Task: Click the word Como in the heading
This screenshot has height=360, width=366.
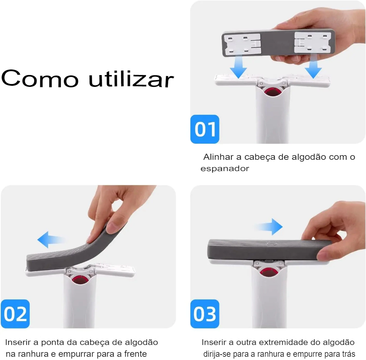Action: (x=40, y=78)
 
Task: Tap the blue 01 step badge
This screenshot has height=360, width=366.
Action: (x=205, y=129)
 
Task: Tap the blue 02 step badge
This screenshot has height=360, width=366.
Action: (x=15, y=314)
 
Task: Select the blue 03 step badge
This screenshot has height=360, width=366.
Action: (x=205, y=314)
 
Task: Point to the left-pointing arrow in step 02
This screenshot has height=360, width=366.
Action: (x=50, y=240)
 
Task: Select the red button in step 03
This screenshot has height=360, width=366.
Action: (x=268, y=271)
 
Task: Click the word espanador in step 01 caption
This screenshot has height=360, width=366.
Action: (x=225, y=169)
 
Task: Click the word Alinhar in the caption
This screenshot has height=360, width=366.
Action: (x=218, y=157)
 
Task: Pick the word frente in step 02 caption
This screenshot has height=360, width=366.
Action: (x=135, y=354)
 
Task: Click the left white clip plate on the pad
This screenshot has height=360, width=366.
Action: (x=242, y=44)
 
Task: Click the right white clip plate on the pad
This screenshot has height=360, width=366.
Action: (x=312, y=42)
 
